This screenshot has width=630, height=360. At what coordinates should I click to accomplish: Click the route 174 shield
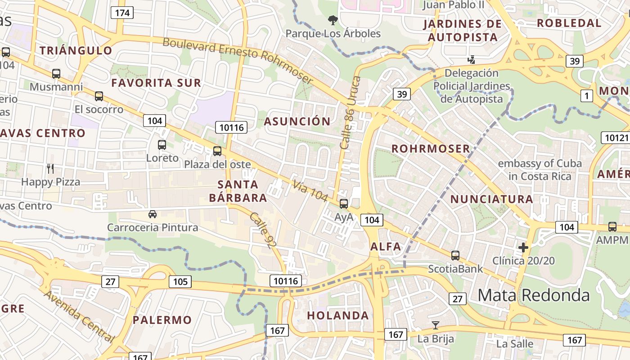pyautogui.click(x=122, y=13)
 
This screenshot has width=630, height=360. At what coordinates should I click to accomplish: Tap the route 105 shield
pyautogui.click(x=180, y=282)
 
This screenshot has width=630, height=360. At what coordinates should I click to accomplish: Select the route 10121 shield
pyautogui.click(x=615, y=138)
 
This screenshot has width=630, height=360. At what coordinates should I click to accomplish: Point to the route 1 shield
pyautogui.click(x=587, y=95)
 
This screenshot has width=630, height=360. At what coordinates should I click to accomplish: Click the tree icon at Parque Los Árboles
pyautogui.click(x=333, y=20)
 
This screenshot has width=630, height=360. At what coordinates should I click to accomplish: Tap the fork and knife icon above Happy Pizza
pyautogui.click(x=50, y=169)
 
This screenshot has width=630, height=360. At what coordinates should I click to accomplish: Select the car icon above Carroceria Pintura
pyautogui.click(x=153, y=214)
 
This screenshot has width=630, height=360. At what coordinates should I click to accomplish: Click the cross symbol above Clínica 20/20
pyautogui.click(x=523, y=247)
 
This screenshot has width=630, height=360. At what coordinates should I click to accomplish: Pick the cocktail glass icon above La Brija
pyautogui.click(x=435, y=325)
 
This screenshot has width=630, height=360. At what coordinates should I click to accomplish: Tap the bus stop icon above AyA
pyautogui.click(x=344, y=203)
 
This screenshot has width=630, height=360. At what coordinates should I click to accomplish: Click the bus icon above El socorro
pyautogui.click(x=99, y=96)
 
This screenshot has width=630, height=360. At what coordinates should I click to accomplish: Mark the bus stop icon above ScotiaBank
pyautogui.click(x=455, y=256)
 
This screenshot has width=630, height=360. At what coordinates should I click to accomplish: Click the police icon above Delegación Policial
pyautogui.click(x=471, y=59)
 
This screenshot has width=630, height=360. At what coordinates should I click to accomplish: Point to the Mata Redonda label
pyautogui.click(x=533, y=295)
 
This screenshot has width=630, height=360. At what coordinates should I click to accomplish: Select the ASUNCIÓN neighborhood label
pyautogui.click(x=297, y=121)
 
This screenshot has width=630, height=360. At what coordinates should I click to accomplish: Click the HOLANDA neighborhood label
pyautogui.click(x=338, y=315)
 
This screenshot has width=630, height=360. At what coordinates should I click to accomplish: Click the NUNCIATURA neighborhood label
pyautogui.click(x=491, y=199)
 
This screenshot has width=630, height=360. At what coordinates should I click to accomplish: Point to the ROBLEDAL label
pyautogui.click(x=569, y=23)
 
